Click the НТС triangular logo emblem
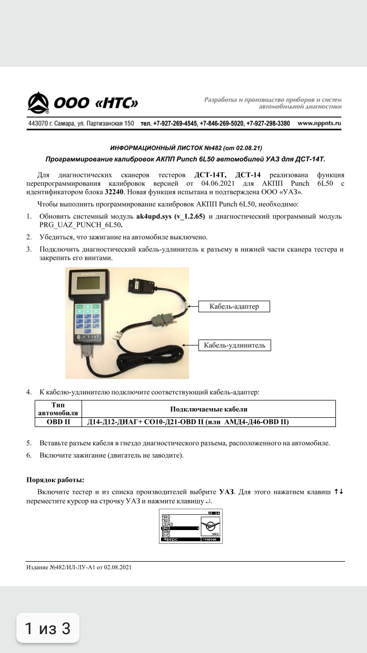(38, 103)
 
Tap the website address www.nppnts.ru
(319, 123)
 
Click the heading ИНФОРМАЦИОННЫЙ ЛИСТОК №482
(186, 148)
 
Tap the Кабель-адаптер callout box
(234, 306)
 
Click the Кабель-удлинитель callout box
(234, 345)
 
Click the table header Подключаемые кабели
(208, 409)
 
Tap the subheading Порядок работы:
(56, 480)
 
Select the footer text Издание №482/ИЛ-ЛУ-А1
(79, 567)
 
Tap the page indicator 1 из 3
(47, 628)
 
